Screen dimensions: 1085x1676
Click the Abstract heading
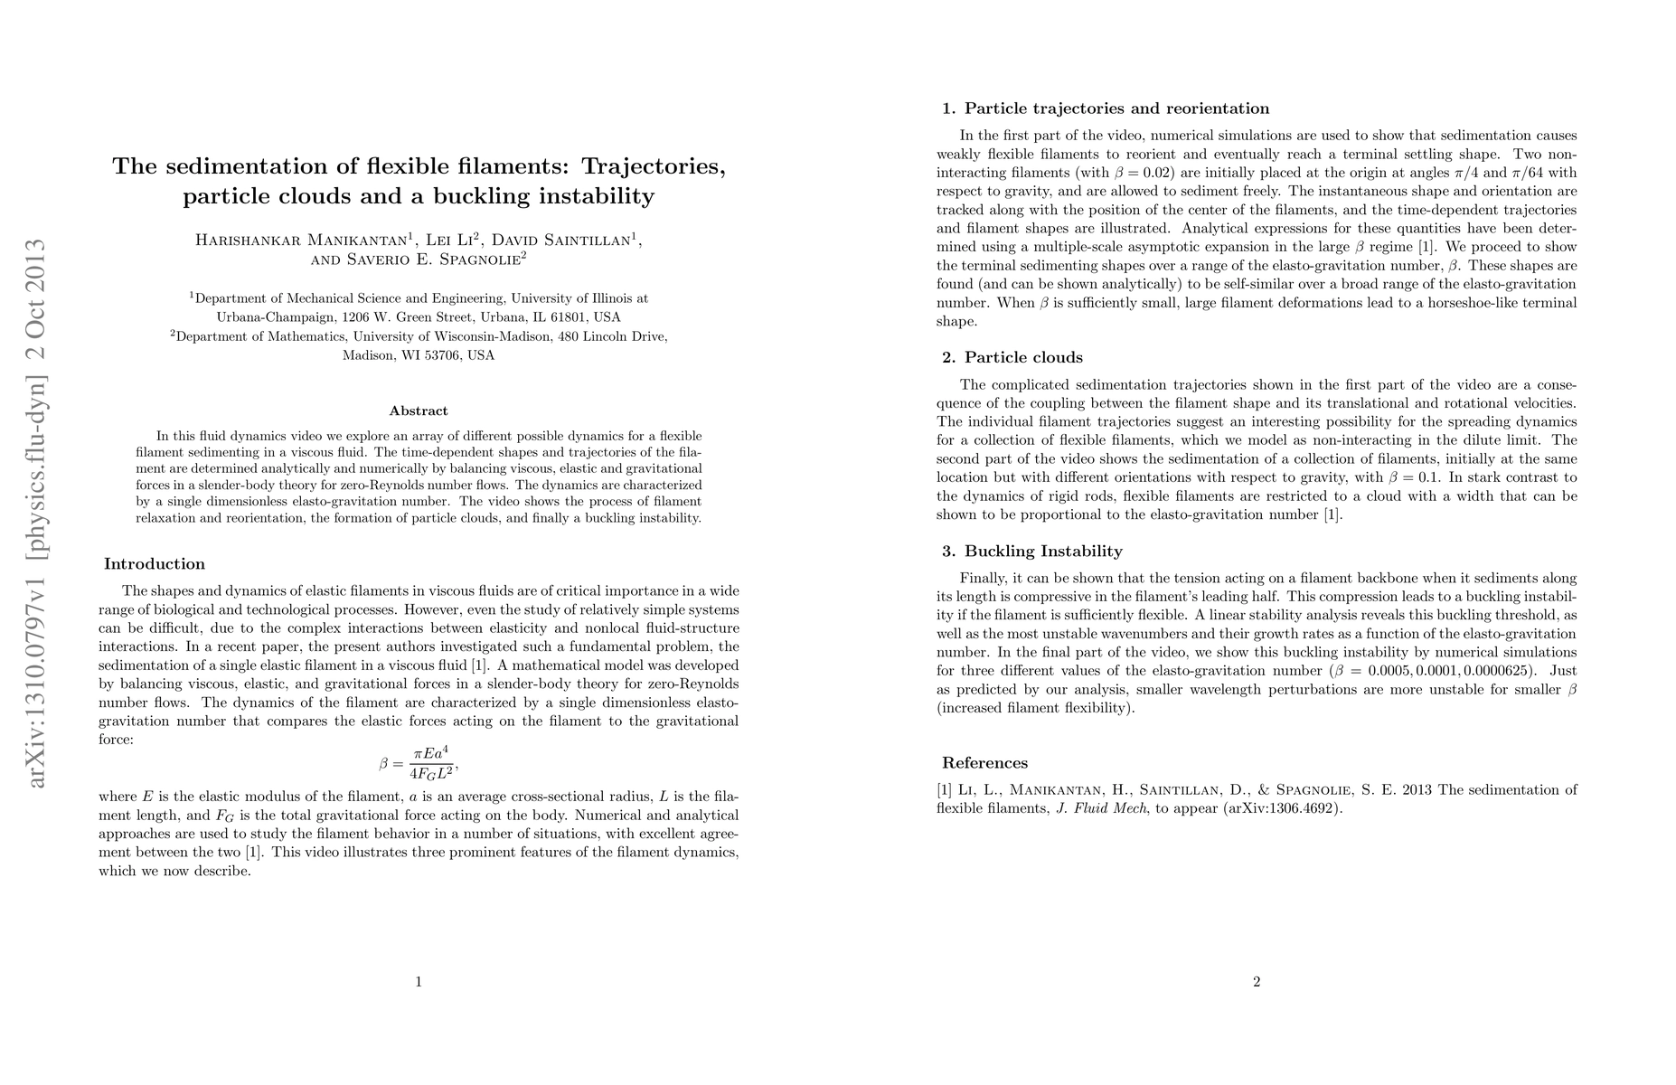419,410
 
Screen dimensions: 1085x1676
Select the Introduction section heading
155,564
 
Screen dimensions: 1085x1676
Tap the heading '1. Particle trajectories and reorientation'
1106,108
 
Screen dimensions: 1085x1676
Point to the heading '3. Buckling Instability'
1031,551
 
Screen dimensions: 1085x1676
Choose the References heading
984,762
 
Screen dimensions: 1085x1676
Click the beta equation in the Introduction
419,763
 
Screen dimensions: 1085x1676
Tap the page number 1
419,982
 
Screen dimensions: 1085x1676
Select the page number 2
1257,982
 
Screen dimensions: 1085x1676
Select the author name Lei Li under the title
449,241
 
